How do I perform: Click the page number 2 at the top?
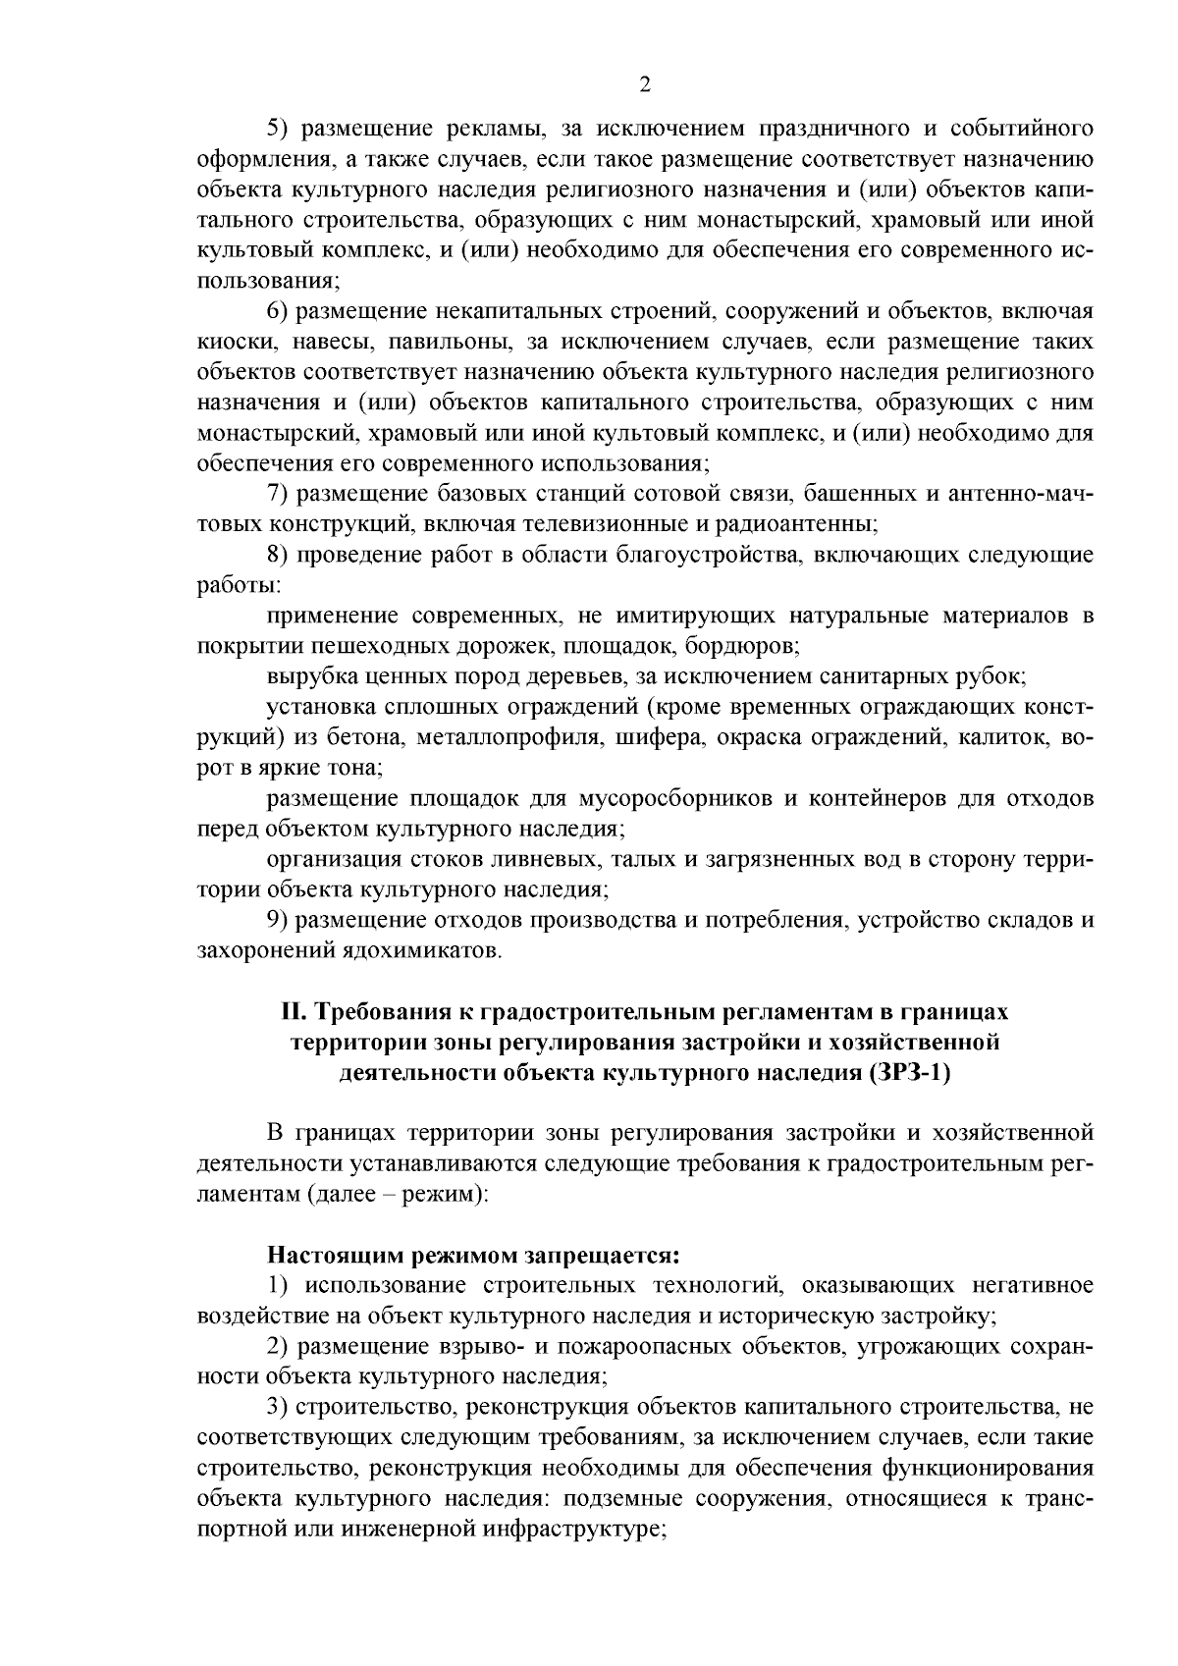[645, 84]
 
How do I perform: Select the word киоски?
[229, 343]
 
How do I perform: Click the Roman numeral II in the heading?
[292, 1012]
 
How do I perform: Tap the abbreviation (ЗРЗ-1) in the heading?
[909, 1073]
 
